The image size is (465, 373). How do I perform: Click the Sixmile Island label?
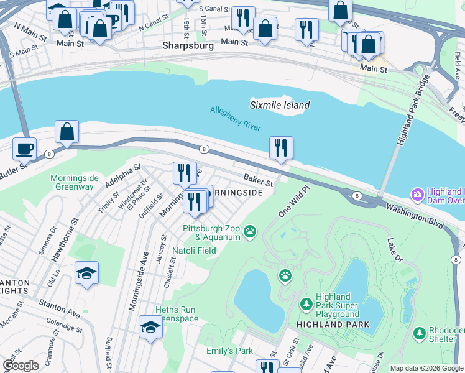click(x=280, y=105)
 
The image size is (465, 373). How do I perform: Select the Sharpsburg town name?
click(x=188, y=45)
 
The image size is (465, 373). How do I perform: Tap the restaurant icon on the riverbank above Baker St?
click(x=281, y=148)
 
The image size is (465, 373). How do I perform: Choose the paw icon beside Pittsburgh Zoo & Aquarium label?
click(x=250, y=232)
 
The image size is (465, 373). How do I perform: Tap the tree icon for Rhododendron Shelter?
click(x=420, y=334)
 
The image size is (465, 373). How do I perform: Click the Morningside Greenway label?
click(x=72, y=182)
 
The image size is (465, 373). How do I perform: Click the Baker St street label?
click(x=258, y=180)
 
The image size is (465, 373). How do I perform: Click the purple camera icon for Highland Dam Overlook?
click(x=417, y=195)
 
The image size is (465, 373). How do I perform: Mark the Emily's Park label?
click(x=229, y=351)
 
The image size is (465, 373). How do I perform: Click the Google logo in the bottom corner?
click(x=21, y=366)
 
